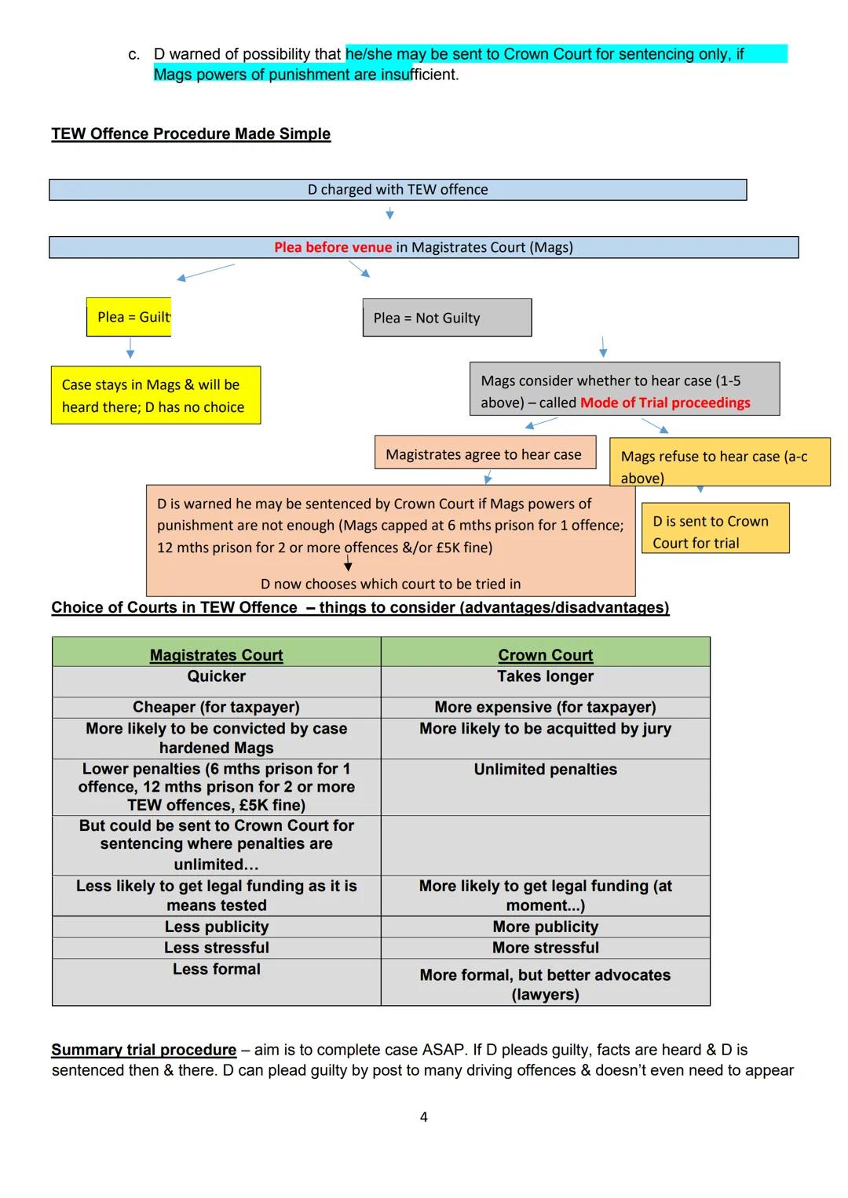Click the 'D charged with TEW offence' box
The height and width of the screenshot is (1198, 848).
(x=397, y=190)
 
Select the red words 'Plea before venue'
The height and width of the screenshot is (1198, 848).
(x=333, y=248)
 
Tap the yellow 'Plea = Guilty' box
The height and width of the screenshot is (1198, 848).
(x=129, y=317)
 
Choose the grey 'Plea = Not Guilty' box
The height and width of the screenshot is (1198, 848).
(x=447, y=318)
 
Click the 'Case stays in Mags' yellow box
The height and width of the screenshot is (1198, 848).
(x=155, y=395)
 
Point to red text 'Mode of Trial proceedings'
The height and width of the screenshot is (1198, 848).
(x=665, y=403)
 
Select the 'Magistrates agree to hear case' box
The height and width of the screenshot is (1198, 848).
(x=484, y=454)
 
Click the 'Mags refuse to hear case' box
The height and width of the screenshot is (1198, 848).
(x=719, y=462)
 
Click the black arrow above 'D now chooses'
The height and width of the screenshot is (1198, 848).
(x=348, y=565)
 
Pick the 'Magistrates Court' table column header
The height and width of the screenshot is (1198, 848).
(x=217, y=655)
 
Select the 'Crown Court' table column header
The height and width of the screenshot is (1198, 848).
(x=546, y=655)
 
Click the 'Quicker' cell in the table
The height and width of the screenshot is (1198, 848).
(x=217, y=676)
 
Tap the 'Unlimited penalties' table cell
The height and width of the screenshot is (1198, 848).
(x=546, y=770)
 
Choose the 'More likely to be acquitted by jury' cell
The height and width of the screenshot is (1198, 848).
(x=546, y=729)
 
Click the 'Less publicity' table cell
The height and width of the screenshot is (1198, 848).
(x=217, y=927)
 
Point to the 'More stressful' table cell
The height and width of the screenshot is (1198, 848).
(x=546, y=948)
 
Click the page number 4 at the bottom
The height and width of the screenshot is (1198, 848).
(x=424, y=1117)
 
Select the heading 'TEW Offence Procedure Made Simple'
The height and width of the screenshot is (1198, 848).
(x=191, y=134)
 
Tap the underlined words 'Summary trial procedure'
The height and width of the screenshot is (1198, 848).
(x=144, y=1050)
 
